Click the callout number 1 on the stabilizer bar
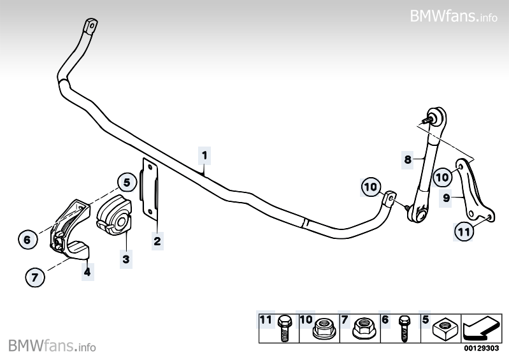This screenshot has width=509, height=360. [204, 154]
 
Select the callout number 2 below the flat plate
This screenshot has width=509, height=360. [157, 241]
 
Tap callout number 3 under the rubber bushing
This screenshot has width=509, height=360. [126, 259]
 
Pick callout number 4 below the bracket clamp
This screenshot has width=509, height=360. [87, 271]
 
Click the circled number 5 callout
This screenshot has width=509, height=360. [127, 183]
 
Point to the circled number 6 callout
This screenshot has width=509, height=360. [27, 240]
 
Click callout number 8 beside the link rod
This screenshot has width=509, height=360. [408, 161]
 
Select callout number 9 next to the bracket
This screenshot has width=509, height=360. [447, 198]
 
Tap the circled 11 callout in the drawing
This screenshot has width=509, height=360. [465, 233]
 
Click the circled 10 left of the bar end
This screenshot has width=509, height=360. [370, 187]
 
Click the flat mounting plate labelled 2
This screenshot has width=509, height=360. [150, 189]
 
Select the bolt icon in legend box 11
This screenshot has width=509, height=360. [285, 329]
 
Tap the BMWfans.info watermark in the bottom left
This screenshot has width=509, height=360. [52, 346]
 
